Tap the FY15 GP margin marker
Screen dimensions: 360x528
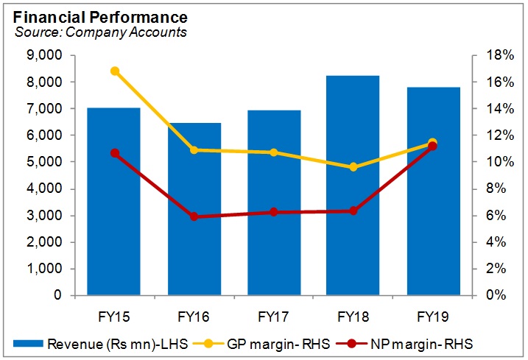point(115,71)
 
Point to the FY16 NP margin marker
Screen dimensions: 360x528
point(194,216)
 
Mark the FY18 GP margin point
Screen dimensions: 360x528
point(353,167)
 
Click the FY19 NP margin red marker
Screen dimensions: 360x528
point(432,147)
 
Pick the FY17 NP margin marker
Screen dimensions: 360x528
point(274,212)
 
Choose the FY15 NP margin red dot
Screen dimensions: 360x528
point(115,153)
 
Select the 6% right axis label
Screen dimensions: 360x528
point(492,216)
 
